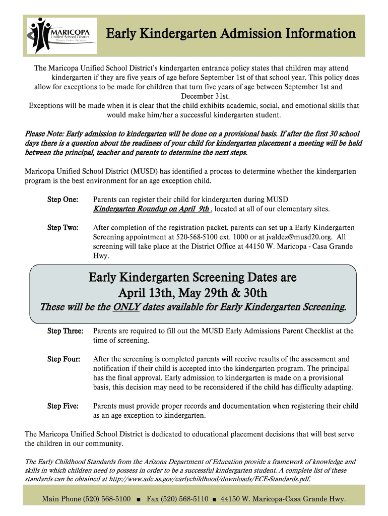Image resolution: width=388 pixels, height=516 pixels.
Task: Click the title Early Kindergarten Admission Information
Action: click(230, 34)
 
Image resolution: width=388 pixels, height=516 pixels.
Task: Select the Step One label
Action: click(62, 200)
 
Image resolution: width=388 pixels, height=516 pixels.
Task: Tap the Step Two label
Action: click(62, 228)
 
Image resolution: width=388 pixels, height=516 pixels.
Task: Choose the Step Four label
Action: click(63, 359)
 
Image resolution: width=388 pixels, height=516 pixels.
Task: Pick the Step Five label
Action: click(63, 406)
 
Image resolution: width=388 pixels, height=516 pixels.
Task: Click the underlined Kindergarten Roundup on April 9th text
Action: click(151, 209)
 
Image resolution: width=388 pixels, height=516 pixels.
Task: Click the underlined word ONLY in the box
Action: click(126, 306)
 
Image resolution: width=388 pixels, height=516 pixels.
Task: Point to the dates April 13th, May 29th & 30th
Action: click(192, 293)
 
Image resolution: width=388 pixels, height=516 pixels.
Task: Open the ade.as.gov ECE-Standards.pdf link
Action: click(209, 479)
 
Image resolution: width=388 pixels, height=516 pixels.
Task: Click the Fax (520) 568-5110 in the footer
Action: click(177, 499)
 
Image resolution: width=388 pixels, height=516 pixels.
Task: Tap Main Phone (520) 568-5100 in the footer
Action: click(86, 499)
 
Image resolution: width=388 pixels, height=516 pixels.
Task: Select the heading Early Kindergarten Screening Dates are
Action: click(192, 277)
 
